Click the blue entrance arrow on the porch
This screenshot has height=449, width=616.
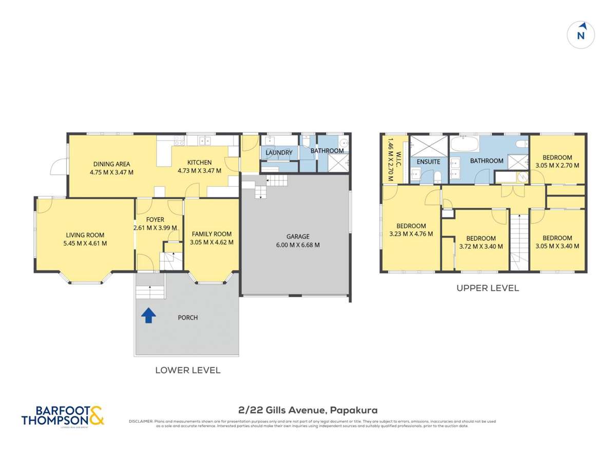[x=148, y=315]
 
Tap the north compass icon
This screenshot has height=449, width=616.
[x=581, y=35]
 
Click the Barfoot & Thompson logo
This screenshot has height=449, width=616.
[x=63, y=415]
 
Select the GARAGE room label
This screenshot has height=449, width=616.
[x=298, y=237]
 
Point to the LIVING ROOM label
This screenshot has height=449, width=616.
[x=85, y=236]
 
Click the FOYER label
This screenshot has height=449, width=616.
[x=155, y=220]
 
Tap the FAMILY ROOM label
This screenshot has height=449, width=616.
[x=211, y=234]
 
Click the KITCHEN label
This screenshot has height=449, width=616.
[x=199, y=163]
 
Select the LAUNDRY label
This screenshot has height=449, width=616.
[x=279, y=153]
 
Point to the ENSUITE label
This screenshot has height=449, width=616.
[x=428, y=162]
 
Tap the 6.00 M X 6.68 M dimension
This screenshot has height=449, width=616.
[x=298, y=245]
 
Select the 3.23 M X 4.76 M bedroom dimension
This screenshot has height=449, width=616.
[x=411, y=234]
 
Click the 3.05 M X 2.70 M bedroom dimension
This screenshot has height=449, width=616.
[x=557, y=166]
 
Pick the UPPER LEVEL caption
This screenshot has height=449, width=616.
[x=488, y=288]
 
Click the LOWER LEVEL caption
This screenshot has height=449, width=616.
[x=188, y=370]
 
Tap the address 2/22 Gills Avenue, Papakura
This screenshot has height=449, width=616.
[x=308, y=410]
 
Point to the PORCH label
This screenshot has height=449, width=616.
[x=188, y=318]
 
